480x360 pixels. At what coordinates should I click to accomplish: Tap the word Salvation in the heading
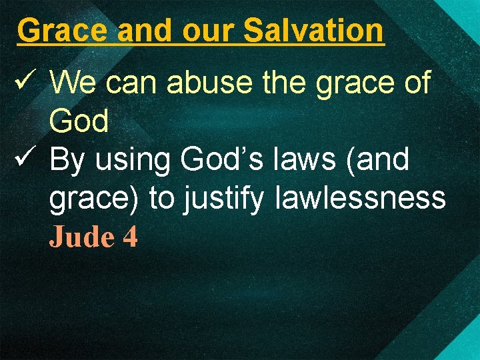pos(313,30)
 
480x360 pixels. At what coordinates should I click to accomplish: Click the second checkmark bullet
pos(23,160)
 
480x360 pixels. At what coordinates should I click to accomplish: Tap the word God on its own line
pos(79,122)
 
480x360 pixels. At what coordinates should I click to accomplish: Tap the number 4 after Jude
pos(130,237)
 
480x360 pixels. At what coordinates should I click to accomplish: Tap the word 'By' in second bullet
pos(67,161)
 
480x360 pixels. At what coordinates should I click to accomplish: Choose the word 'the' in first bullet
pos(280,83)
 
